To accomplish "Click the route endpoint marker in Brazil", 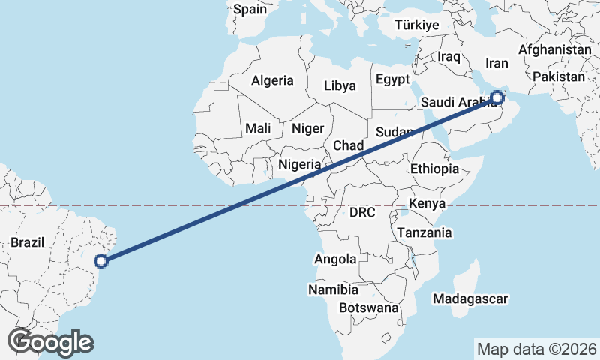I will [102, 260].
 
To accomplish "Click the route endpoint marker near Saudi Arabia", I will [497, 97].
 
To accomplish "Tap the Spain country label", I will [250, 10].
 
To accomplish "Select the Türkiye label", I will [416, 25].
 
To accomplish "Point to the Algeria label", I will [272, 80].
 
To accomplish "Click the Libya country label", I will [340, 85].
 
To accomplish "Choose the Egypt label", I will [392, 79].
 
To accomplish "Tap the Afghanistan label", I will [555, 49].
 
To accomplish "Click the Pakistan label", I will [559, 76].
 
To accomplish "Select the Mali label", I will [258, 128].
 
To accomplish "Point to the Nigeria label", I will [300, 164].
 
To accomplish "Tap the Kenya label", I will [427, 203].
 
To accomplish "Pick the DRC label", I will [362, 213].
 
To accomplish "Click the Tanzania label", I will [424, 232].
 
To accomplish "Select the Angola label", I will [335, 259].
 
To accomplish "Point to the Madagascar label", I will [471, 298].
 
